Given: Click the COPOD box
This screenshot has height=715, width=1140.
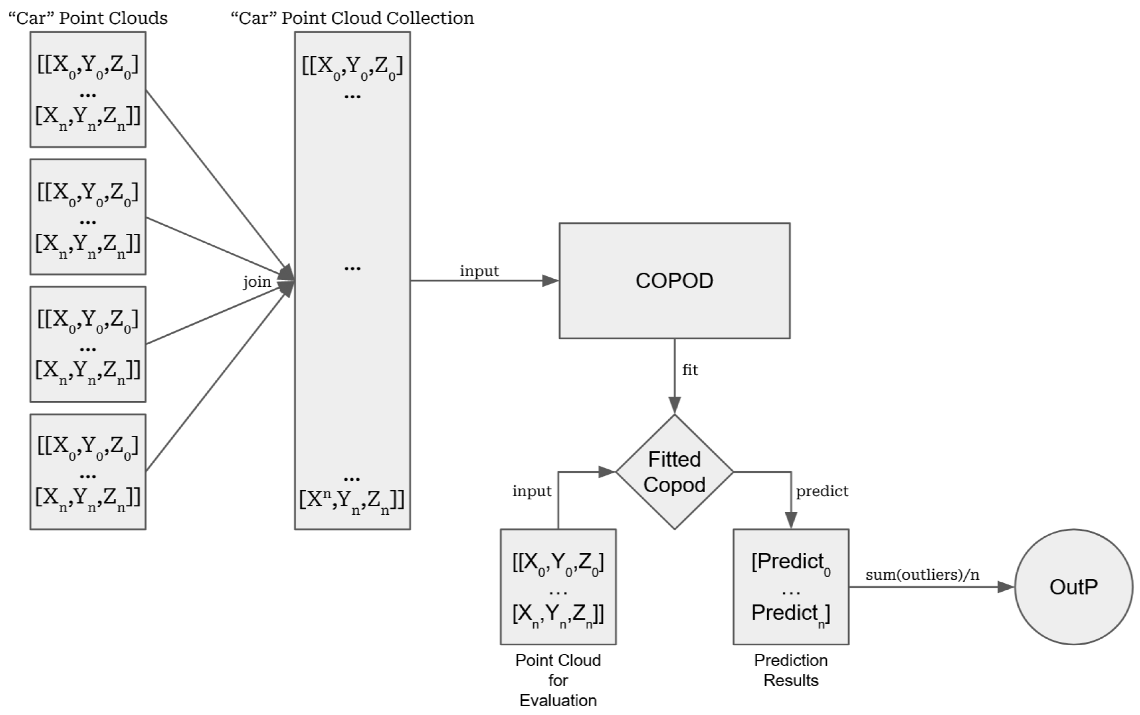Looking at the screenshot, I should point(674,280).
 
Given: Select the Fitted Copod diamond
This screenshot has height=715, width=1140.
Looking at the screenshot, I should point(674,472).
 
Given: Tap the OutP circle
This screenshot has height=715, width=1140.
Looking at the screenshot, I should point(1073,587).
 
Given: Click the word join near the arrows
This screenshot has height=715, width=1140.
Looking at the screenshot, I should point(257,282).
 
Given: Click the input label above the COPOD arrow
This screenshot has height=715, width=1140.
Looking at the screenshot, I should point(479,271).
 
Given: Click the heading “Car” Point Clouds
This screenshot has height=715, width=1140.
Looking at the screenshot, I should point(88,18).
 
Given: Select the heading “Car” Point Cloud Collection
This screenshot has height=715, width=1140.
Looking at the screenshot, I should point(352,18).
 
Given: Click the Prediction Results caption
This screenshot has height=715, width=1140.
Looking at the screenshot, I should point(791,670).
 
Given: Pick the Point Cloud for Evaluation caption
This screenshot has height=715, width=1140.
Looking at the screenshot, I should point(558,680).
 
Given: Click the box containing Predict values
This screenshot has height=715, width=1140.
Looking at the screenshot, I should point(791,587).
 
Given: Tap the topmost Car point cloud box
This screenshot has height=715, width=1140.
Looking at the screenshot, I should point(88,90).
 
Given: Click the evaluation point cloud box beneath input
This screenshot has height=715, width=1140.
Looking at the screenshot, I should point(558,587).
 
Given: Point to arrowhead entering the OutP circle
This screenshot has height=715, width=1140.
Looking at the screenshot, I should point(1005,587).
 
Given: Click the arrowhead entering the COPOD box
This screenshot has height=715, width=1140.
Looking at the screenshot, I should point(550,280).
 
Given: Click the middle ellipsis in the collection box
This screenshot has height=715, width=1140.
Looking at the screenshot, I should point(352,268).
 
